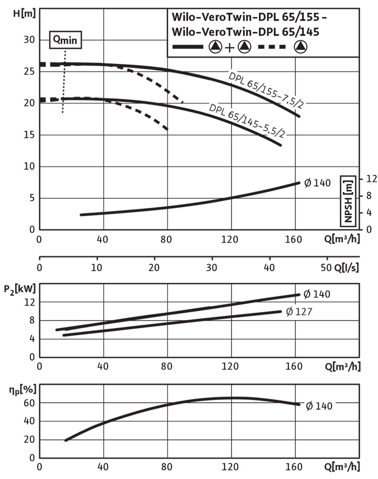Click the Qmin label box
tap(65, 39)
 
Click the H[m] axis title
tap(22, 13)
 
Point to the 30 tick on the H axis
tap(28, 40)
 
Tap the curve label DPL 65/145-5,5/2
tap(246, 120)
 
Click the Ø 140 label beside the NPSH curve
tap(317, 182)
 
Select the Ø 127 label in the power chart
tap(299, 312)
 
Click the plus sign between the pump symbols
tap(229, 47)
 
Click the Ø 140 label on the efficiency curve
tap(319, 405)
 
